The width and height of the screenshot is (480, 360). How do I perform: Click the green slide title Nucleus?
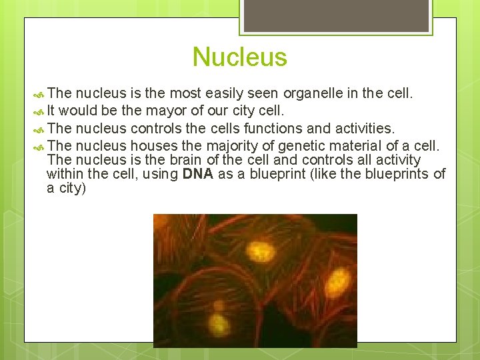[x=239, y=57]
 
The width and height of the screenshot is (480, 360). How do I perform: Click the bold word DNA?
[x=198, y=174]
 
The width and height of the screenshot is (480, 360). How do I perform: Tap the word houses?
[x=154, y=145]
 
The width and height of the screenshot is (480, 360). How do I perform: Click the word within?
[x=63, y=174]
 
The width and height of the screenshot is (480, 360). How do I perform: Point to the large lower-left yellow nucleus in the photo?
[x=220, y=325]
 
